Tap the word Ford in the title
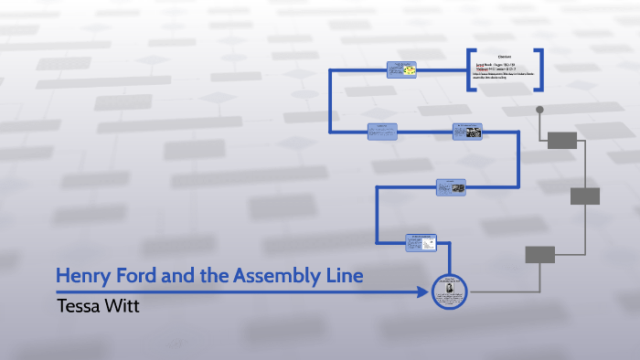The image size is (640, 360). coord(137,275)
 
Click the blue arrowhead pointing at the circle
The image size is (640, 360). coord(422,292)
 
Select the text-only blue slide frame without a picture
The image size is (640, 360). coord(381,131)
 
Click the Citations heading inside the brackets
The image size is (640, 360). coord(504,57)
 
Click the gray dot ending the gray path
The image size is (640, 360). coord(539,110)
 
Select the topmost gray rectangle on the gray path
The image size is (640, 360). coord(562,140)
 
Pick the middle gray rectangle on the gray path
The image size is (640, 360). coord(585,196)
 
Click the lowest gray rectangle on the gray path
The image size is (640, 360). coord(540,255)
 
